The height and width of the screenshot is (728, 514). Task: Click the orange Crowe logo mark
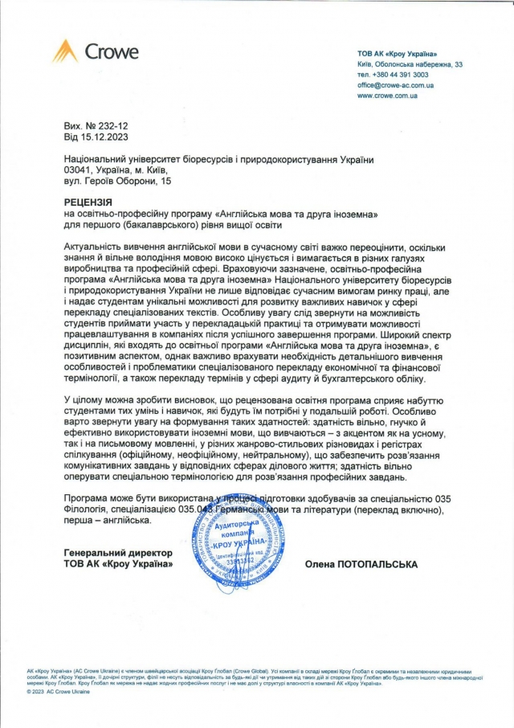(65, 51)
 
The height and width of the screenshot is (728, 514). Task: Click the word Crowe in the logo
(112, 52)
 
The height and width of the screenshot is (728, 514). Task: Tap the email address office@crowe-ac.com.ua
(396, 84)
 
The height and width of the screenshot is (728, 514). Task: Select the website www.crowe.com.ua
(388, 95)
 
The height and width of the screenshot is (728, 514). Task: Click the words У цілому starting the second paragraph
(83, 398)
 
